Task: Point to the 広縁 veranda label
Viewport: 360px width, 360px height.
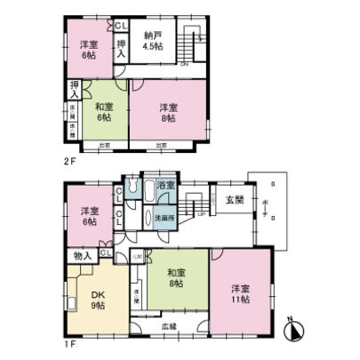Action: point(169,326)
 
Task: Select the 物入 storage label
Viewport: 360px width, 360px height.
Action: point(81,255)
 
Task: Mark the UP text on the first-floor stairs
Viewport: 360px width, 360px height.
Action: point(201,214)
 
